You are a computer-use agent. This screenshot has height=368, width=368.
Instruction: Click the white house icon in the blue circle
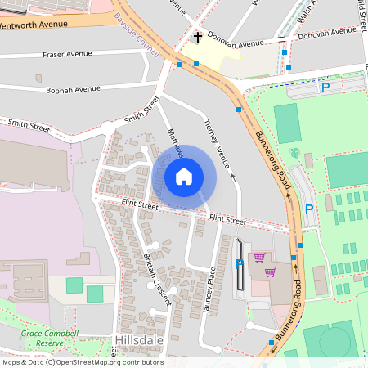184,177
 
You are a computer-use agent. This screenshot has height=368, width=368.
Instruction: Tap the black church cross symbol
198,38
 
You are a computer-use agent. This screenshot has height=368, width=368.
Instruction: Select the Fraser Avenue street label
67,55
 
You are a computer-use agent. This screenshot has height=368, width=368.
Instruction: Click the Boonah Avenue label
73,88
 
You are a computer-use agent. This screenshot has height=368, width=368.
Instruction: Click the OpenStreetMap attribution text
83,362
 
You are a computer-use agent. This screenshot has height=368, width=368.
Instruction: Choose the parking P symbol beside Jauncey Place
240,263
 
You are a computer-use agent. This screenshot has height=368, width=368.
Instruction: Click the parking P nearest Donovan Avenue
325,87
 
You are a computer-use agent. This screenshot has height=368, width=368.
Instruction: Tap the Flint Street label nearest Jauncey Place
227,220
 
